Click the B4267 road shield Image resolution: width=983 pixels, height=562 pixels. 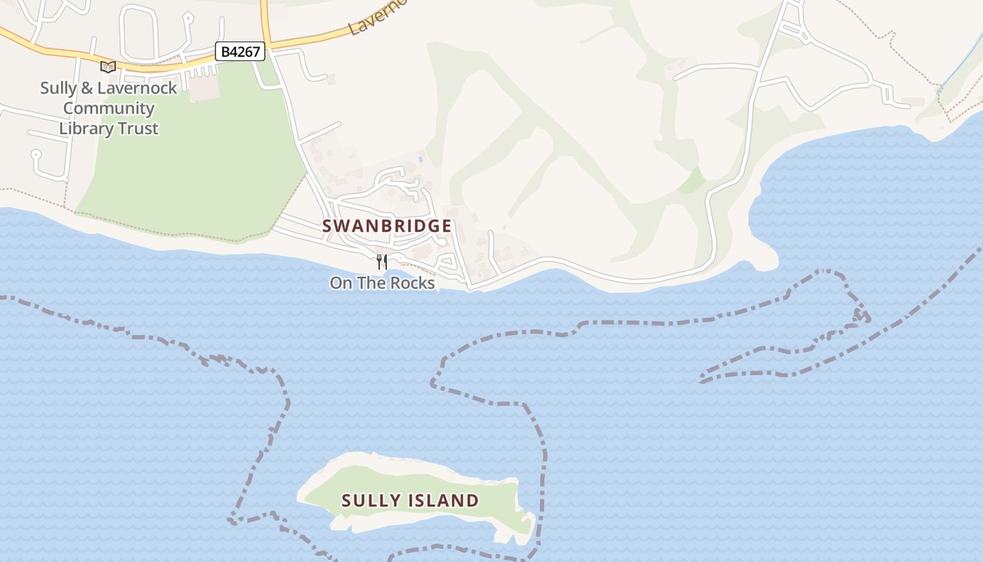coord(239,51)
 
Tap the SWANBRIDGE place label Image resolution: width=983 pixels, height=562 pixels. coord(387,226)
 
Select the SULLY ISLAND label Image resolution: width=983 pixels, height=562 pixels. coord(410,501)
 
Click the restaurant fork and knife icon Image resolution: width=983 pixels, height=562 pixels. coord(382,262)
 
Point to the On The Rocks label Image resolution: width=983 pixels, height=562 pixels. coord(382,283)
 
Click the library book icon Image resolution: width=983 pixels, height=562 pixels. coord(107,67)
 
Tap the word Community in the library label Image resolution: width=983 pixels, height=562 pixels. coord(109,108)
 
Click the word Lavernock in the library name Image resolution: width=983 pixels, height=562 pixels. coord(138,89)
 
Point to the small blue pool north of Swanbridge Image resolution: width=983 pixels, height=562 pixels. coord(421,159)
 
